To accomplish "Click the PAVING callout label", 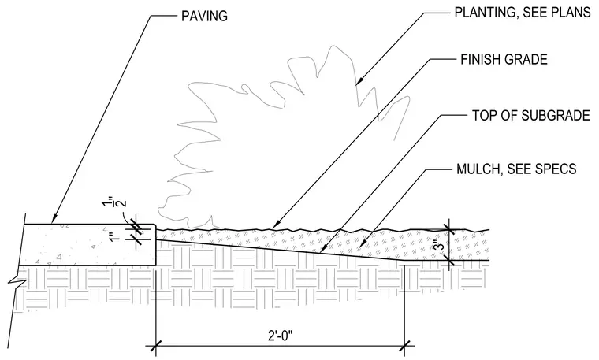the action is [204, 16].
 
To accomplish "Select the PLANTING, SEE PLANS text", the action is [523, 13].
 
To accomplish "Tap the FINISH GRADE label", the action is [504, 60].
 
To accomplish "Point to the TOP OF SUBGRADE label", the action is [531, 115].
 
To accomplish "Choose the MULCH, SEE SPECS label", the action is [516, 169].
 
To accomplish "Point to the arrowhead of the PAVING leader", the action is [54, 221].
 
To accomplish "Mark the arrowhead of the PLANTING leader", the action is [358, 82].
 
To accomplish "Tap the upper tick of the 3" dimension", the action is [449, 229].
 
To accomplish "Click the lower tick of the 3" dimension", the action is [449, 261].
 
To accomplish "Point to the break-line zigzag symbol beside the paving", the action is [17, 282].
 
